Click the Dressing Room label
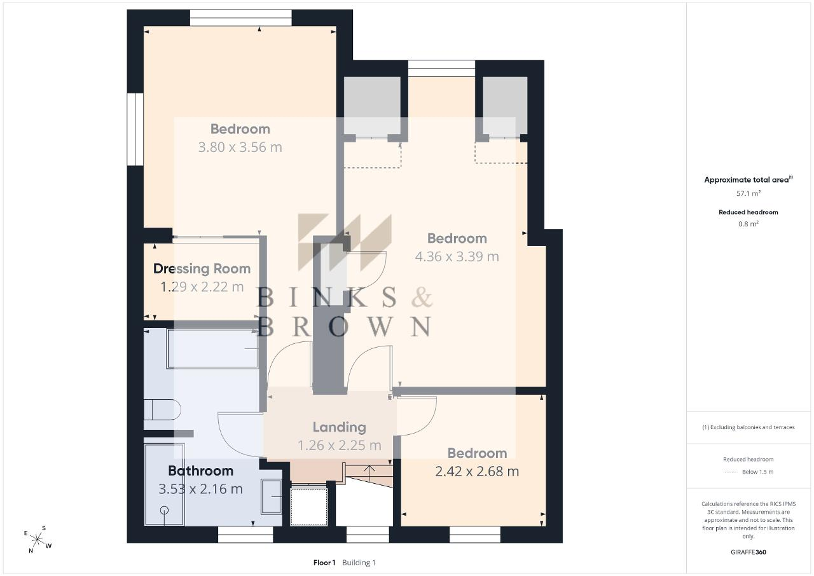pos(202,269)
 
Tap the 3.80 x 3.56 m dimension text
pos(240,147)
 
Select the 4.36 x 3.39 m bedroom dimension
pos(457,256)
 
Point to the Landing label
pos(340,427)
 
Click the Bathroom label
pos(200,470)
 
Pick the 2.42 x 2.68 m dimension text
pos(477,471)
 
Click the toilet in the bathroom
pos(162,409)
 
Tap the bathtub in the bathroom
pos(212,348)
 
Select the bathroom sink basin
pos(272,497)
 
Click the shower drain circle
pos(164,511)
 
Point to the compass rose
pos(38,539)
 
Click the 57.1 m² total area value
pos(748,193)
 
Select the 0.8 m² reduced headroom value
pos(748,224)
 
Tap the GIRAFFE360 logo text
pos(748,552)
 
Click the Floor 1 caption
pos(324,563)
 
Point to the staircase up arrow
pos(369,472)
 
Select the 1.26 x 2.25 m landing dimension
pos(340,445)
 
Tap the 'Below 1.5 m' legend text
pos(757,472)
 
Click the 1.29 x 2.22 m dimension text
pos(202,287)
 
